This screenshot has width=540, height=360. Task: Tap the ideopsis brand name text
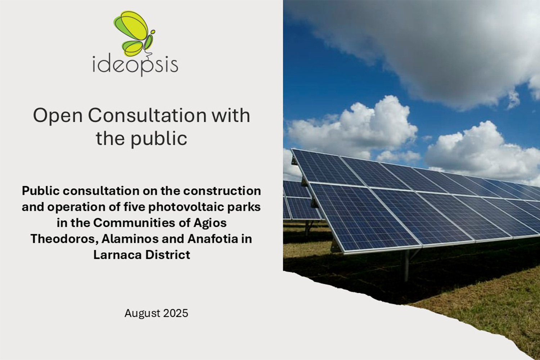tap(135, 65)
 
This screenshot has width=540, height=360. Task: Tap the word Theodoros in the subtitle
tap(64, 239)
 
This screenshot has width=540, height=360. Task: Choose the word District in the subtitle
tap(167, 255)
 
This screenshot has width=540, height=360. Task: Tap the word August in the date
tap(142, 314)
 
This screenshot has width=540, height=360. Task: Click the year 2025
tap(176, 313)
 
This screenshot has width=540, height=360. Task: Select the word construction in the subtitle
tap(222, 191)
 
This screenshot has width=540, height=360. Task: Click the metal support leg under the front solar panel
tap(407, 265)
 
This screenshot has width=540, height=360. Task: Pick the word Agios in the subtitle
tap(210, 223)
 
